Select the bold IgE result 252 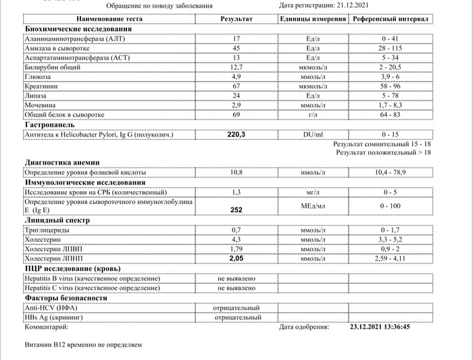tap(236, 210)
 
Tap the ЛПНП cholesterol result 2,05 tap(236, 259)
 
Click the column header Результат tap(236, 19)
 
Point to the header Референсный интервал tap(390, 19)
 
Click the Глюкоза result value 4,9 tap(236, 77)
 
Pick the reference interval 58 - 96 tap(390, 86)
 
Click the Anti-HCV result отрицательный tap(236, 307)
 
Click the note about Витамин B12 tap(83, 344)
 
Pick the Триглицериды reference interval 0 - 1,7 tap(390, 230)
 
